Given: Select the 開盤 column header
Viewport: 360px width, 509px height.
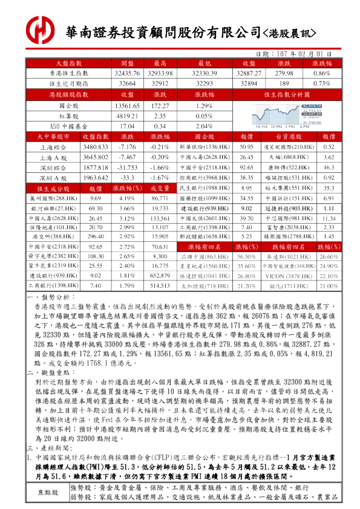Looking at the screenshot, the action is click(127, 63).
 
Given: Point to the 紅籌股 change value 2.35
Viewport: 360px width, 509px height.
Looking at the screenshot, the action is click(160, 116).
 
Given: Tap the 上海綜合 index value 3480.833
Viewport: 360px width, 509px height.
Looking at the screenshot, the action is click(95, 147).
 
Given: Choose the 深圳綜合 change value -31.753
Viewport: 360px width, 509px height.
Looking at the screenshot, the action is click(127, 167).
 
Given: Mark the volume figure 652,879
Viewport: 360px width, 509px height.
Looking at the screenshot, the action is click(160, 275).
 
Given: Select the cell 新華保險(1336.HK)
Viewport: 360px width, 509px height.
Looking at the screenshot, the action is click(203, 147).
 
